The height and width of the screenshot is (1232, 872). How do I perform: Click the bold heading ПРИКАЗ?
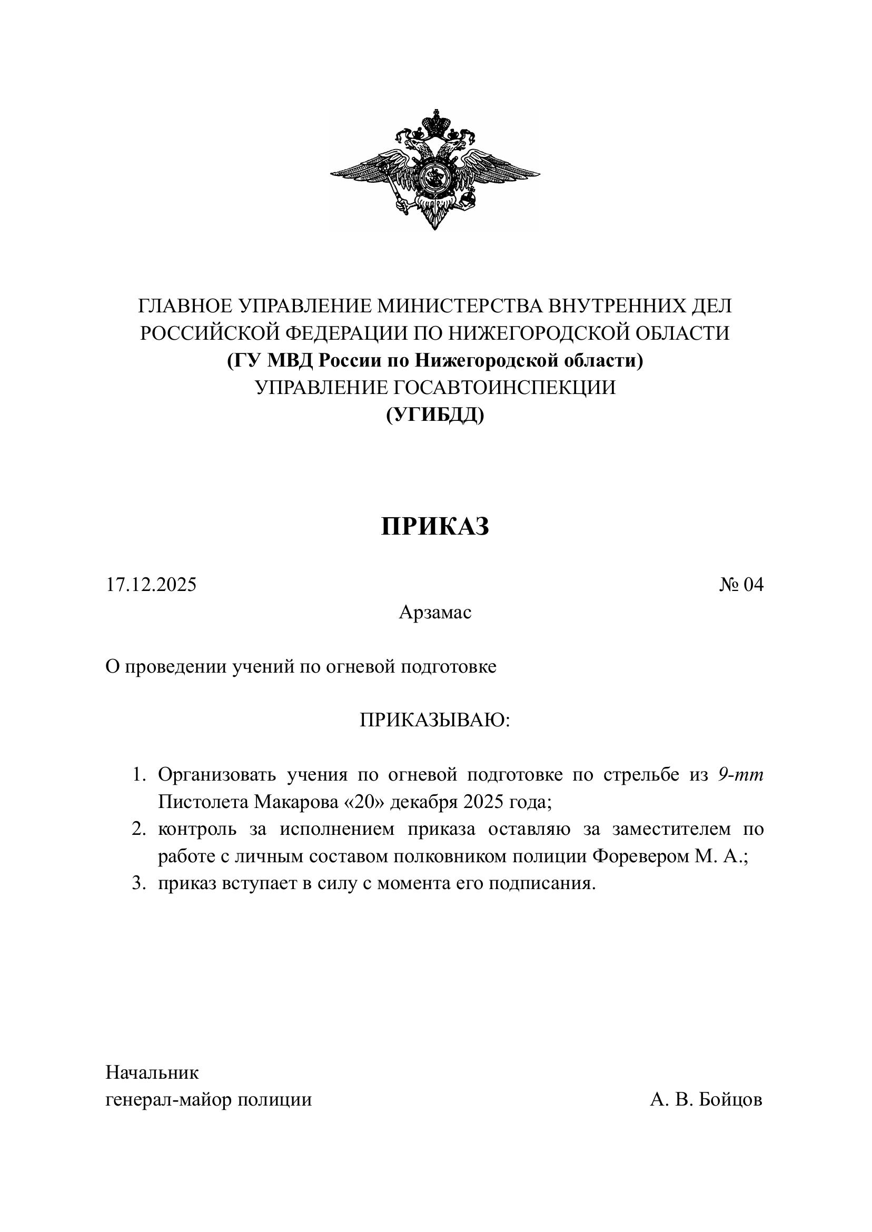[435, 526]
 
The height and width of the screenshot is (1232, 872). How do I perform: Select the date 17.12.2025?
[151, 584]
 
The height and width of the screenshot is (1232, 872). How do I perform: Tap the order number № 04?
[741, 584]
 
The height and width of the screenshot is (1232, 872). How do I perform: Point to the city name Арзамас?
[435, 612]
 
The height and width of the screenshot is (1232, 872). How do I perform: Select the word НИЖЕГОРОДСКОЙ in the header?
[539, 333]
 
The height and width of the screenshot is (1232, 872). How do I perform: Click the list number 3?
[138, 884]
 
